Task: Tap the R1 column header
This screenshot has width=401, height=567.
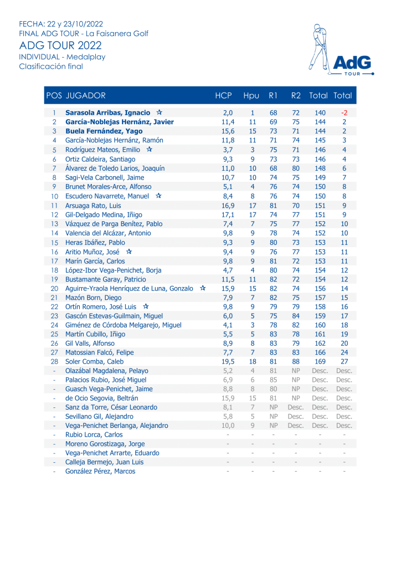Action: click(x=273, y=95)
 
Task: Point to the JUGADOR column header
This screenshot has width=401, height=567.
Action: click(x=85, y=95)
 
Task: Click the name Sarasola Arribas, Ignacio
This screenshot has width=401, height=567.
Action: click(x=107, y=113)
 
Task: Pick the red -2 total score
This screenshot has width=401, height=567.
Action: click(x=344, y=113)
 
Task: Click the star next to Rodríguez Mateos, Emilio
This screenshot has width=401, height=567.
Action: click(x=150, y=150)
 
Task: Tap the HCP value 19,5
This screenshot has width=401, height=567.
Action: click(x=228, y=361)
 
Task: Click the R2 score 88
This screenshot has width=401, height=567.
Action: click(x=296, y=361)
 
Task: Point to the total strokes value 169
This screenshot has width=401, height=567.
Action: click(x=320, y=361)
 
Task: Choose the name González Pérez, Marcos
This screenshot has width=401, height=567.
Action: click(x=100, y=471)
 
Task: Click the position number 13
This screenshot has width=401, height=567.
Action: click(x=54, y=224)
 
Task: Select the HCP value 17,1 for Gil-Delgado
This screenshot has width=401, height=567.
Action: click(x=228, y=214)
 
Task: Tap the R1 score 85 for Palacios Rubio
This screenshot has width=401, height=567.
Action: click(x=273, y=380)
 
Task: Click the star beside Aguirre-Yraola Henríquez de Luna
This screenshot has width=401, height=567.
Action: click(x=203, y=288)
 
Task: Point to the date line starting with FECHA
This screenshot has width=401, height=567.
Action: click(x=61, y=24)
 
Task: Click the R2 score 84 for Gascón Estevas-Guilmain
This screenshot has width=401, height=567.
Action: click(x=296, y=316)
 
